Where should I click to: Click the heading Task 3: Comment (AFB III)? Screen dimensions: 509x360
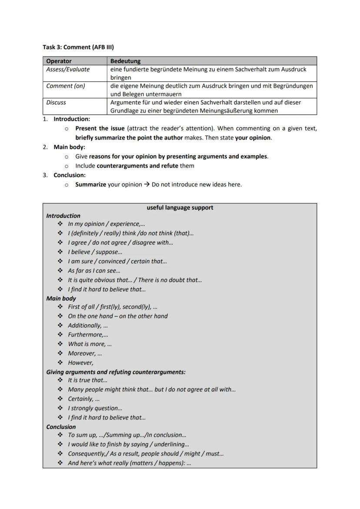click(78, 47)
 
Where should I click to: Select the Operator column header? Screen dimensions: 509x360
click(59, 61)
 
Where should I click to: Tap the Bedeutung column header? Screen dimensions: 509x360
click(125, 61)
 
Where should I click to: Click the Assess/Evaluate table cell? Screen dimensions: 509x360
click(68, 70)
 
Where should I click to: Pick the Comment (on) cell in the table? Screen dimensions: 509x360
click(65, 86)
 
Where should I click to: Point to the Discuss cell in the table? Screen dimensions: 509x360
click(56, 103)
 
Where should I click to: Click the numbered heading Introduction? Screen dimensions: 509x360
click(72, 119)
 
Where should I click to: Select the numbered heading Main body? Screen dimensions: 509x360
click(69, 147)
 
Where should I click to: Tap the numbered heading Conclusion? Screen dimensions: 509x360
click(70, 175)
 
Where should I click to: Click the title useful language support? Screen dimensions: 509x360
click(180, 208)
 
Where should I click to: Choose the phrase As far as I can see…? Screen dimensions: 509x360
click(88, 271)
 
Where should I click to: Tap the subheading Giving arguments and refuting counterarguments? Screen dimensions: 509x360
click(116, 372)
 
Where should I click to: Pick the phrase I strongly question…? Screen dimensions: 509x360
click(95, 408)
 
